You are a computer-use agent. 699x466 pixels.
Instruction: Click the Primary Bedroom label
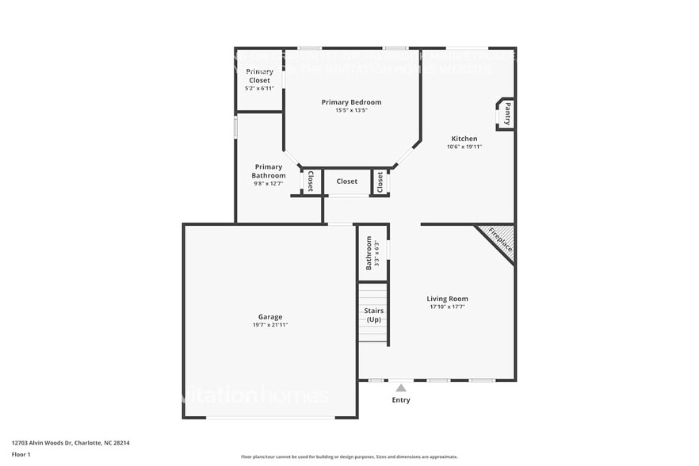click(351, 102)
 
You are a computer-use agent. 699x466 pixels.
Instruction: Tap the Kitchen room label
click(464, 139)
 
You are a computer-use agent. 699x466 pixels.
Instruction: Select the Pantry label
click(507, 113)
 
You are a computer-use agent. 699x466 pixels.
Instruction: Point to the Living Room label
click(448, 299)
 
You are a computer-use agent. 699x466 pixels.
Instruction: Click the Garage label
click(270, 317)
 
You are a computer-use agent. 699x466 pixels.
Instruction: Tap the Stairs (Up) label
click(373, 315)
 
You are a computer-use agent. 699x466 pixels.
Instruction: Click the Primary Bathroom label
click(268, 171)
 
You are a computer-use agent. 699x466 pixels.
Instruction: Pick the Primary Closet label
click(259, 76)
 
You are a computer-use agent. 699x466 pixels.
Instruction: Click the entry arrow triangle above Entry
click(401, 388)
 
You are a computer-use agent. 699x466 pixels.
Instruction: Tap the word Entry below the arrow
click(401, 400)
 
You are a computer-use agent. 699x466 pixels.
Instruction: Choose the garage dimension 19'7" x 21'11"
click(270, 325)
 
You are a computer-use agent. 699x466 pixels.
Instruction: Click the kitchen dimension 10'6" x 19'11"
click(464, 147)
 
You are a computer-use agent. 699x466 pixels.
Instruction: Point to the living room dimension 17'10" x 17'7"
click(448, 307)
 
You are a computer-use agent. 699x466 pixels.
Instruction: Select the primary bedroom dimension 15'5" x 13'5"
click(351, 110)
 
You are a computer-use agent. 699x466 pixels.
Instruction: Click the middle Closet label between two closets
click(346, 181)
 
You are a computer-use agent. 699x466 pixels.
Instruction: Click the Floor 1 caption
click(21, 454)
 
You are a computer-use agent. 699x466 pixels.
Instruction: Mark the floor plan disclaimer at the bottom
click(349, 456)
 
